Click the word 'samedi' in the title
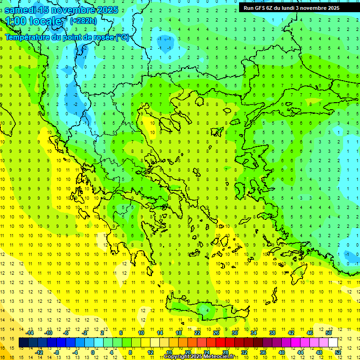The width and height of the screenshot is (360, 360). click(22, 10)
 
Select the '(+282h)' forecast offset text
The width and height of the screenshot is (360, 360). click(83, 20)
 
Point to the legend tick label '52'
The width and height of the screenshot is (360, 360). click(338, 352)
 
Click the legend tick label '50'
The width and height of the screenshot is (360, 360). click(329, 333)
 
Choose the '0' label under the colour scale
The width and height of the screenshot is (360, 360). click(93, 352)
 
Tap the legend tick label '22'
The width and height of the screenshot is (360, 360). click(197, 333)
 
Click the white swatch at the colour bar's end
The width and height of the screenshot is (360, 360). click(333, 343)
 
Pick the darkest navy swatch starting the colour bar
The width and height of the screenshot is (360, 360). click(23, 343)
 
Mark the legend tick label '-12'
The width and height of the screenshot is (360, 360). click(39, 352)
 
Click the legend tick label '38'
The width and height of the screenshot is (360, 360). click(272, 333)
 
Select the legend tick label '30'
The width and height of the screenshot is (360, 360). click(235, 333)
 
